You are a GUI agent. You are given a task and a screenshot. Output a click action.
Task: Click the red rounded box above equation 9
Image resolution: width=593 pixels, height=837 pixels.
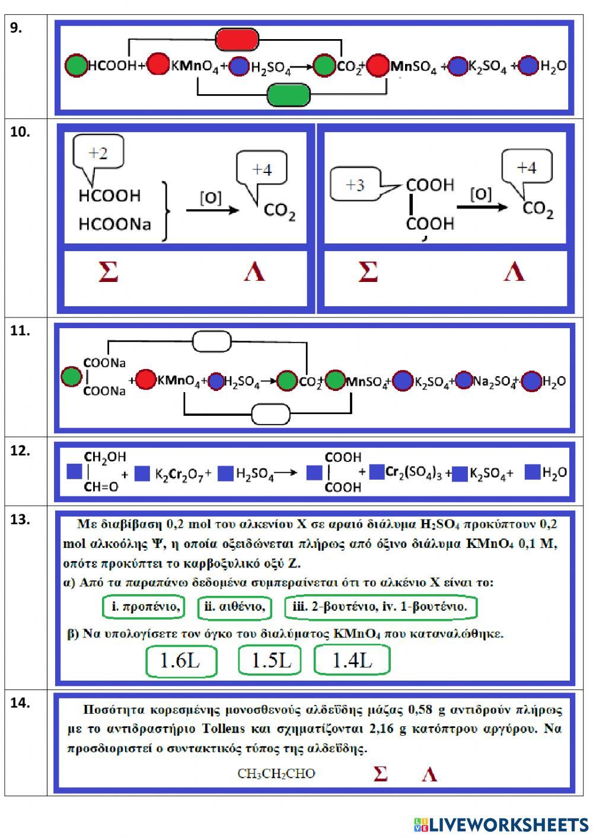(237, 40)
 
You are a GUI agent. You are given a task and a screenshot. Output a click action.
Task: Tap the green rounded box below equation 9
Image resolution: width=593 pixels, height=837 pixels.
(289, 95)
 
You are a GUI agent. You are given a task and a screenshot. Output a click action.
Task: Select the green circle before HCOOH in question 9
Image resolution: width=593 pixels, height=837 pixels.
(76, 66)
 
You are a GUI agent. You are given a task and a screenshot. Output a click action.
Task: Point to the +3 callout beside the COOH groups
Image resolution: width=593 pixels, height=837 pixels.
(356, 185)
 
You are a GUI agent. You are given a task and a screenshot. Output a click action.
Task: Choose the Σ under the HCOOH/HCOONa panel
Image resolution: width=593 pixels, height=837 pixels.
(108, 272)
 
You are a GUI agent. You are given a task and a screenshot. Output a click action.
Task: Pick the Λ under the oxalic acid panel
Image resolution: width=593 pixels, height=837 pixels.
(514, 272)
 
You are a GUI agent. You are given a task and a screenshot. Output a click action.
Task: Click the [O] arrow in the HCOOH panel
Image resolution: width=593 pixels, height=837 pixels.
(212, 209)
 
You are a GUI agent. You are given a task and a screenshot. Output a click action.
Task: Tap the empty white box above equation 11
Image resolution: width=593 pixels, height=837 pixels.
(212, 341)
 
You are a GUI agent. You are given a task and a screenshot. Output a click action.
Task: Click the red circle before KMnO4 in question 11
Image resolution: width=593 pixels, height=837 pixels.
(146, 380)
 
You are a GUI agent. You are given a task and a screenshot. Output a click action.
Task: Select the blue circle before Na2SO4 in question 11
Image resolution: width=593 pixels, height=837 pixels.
(463, 380)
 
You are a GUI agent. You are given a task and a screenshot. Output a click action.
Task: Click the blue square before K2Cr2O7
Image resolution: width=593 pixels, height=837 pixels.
(142, 474)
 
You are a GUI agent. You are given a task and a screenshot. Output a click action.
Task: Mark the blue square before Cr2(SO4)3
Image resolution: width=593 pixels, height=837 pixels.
(377, 472)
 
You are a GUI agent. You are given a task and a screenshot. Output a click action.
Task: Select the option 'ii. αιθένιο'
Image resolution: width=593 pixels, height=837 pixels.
(235, 607)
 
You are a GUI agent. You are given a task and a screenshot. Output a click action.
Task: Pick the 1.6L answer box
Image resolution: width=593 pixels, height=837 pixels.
(180, 660)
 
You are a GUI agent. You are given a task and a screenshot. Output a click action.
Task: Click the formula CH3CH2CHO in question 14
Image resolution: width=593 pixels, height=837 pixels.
(276, 774)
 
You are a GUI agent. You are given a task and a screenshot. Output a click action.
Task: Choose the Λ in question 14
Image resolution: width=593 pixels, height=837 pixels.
(429, 774)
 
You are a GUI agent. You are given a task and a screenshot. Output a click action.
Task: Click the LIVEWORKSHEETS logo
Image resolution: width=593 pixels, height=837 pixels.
(501, 824)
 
